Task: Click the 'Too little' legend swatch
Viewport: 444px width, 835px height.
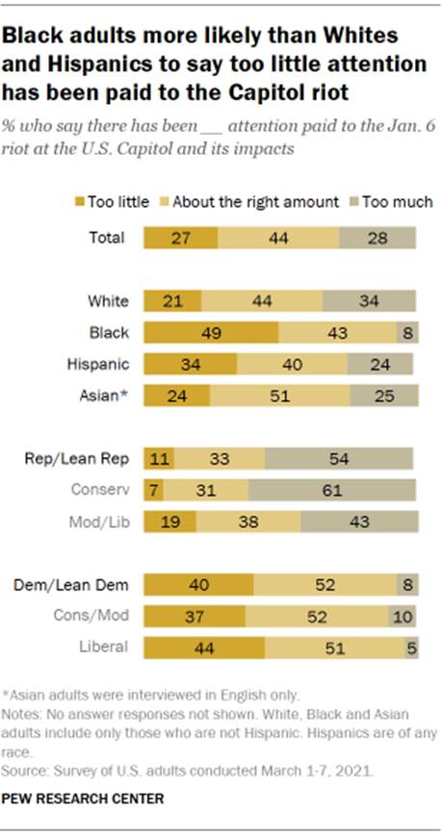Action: (79, 202)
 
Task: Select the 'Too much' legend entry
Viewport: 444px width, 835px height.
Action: (399, 202)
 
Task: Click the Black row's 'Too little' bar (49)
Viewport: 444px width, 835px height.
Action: (211, 333)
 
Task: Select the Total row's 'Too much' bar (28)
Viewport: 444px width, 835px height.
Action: (378, 238)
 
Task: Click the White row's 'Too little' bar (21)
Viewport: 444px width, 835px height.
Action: (172, 301)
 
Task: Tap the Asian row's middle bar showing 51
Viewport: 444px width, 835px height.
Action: (280, 395)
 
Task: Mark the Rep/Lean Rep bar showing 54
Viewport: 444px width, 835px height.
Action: (339, 458)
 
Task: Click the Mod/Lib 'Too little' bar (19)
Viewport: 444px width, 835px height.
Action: (170, 520)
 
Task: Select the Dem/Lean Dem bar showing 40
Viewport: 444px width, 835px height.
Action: (198, 584)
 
